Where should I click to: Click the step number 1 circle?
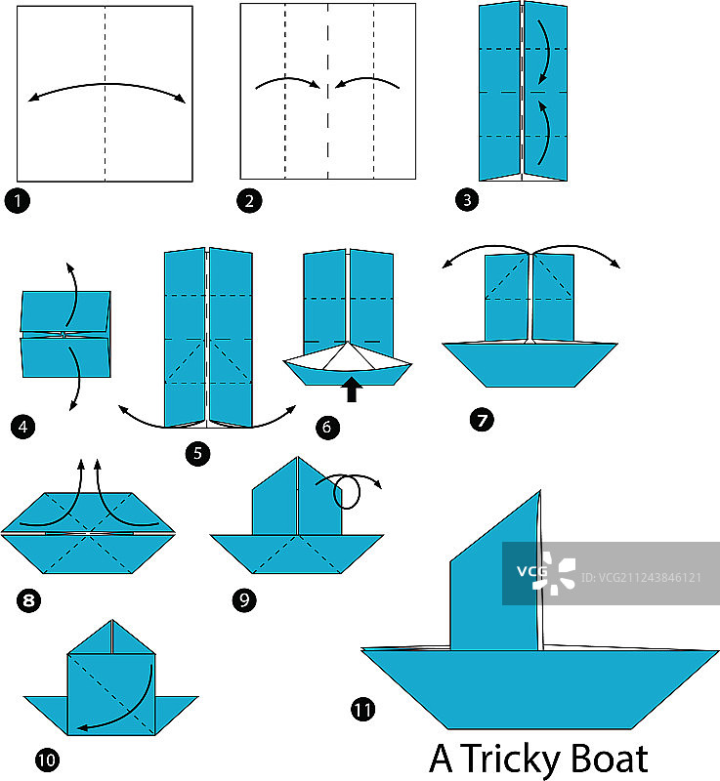[17, 202]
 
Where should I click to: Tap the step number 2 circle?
[249, 202]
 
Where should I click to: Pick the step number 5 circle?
[199, 453]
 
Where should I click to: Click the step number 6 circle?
[326, 427]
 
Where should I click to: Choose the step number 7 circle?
[481, 421]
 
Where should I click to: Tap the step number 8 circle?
[29, 598]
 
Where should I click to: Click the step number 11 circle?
[362, 710]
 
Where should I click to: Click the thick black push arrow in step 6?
[353, 390]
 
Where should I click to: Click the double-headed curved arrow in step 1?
[106, 87]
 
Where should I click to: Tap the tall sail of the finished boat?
[494, 586]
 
